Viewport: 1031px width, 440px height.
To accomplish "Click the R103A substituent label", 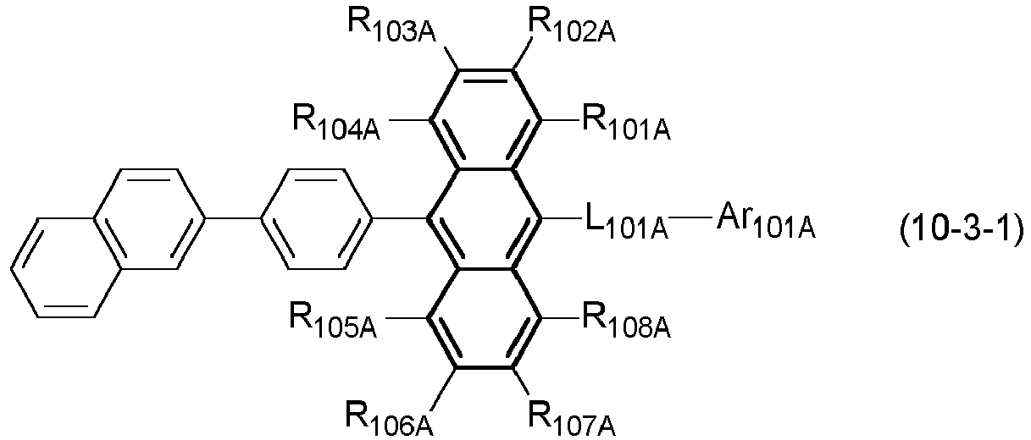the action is coord(391,26).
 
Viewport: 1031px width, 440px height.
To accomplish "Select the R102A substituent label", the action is coord(571,26).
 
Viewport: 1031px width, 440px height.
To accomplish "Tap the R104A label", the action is coord(336,123).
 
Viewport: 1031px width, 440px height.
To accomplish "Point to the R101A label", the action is coord(626,123).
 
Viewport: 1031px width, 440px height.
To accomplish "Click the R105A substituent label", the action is coord(333,321).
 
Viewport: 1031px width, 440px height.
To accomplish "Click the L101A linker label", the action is coord(626,221).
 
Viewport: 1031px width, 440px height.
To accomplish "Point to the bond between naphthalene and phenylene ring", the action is coord(232,218).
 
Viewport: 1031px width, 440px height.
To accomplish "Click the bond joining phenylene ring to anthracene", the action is coord(399,218).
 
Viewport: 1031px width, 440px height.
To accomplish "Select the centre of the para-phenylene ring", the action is coord(316,219).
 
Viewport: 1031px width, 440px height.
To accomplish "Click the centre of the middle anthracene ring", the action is coord(485,219).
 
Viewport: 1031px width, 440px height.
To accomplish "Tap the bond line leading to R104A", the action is coord(409,120).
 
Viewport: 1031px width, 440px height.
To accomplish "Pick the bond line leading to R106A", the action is coord(443,389).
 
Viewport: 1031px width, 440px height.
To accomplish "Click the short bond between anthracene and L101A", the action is coord(560,218).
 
